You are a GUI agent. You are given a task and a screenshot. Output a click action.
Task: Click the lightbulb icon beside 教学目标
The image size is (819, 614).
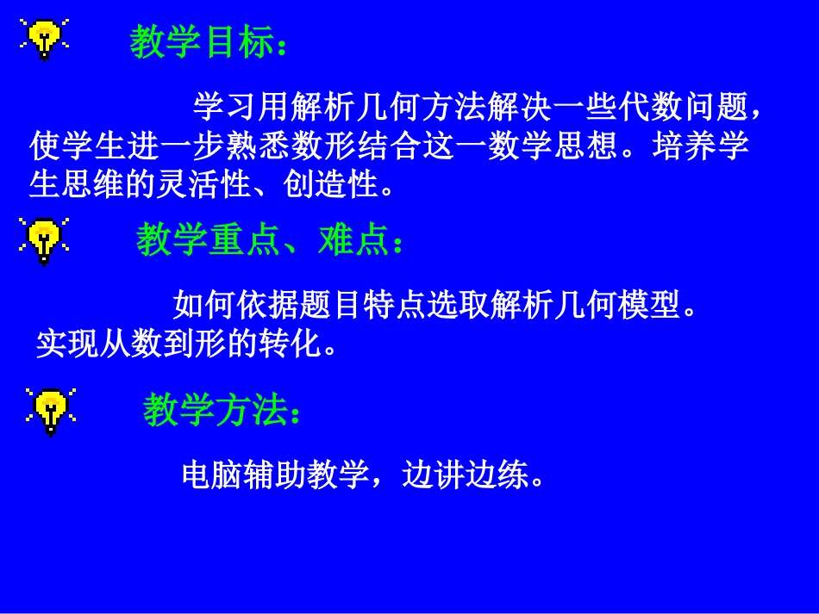42,38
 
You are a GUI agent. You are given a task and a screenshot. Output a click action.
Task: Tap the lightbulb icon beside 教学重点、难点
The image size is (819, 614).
43,240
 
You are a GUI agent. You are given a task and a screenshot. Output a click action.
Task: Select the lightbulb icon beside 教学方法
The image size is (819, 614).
50,410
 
